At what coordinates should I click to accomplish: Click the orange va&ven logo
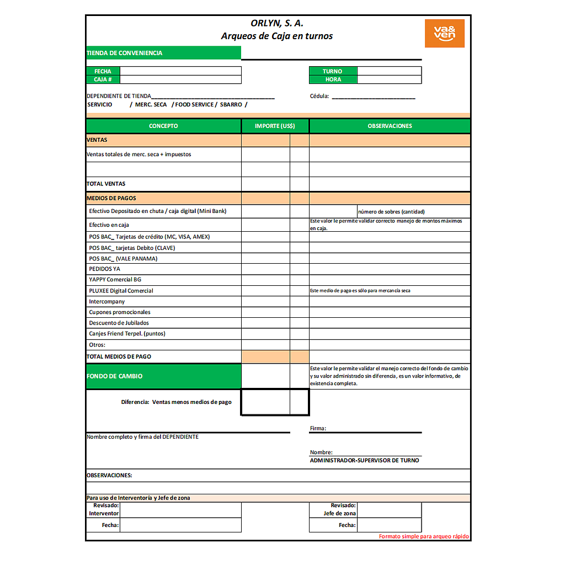pyautogui.click(x=444, y=33)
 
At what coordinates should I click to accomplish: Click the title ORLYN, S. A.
pyautogui.click(x=277, y=23)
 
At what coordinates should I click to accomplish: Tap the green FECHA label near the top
pyautogui.click(x=103, y=71)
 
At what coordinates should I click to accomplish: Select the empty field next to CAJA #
pyautogui.click(x=180, y=79)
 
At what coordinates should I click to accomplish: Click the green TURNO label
pyautogui.click(x=333, y=71)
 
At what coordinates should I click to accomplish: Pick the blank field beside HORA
pyautogui.click(x=389, y=79)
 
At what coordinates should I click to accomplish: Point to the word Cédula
pyautogui.click(x=319, y=96)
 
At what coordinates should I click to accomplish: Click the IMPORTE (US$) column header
pyautogui.click(x=275, y=126)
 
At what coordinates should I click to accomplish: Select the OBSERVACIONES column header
pyautogui.click(x=390, y=126)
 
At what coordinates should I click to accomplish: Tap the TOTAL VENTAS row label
pyautogui.click(x=106, y=184)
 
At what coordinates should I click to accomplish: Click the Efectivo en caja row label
pyautogui.click(x=109, y=225)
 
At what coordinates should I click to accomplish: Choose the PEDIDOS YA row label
pyautogui.click(x=105, y=269)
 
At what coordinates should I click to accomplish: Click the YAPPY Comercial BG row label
pyautogui.click(x=115, y=280)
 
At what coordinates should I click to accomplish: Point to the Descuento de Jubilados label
pyautogui.click(x=119, y=323)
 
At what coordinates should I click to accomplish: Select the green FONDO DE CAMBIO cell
pyautogui.click(x=163, y=376)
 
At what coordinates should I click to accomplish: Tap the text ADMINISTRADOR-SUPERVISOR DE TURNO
pyautogui.click(x=364, y=460)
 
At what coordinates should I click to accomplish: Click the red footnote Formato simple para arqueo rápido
pyautogui.click(x=424, y=536)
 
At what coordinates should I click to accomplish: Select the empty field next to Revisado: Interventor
pyautogui.click(x=180, y=509)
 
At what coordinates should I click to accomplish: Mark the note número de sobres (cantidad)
pyautogui.click(x=391, y=211)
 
